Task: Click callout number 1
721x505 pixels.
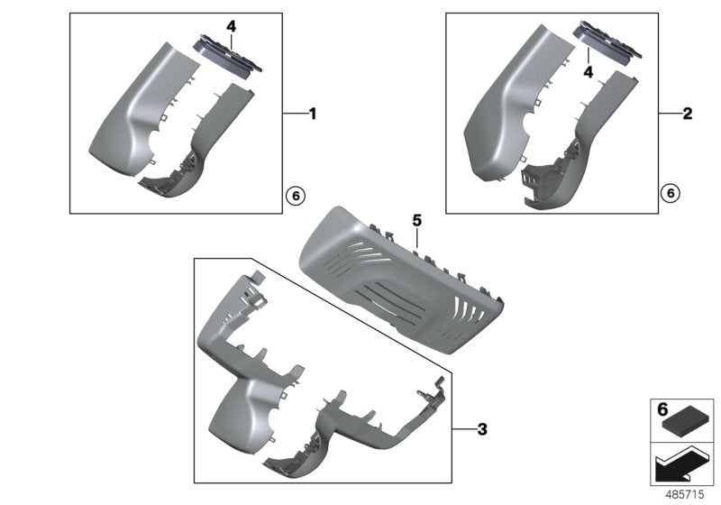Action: pos(313,114)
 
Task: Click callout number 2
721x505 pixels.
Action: pos(688,114)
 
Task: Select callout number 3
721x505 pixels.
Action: pos(482,429)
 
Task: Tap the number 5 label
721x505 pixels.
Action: pos(417,219)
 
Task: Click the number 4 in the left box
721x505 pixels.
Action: pos(232,27)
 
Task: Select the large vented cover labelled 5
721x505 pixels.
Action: pos(397,280)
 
